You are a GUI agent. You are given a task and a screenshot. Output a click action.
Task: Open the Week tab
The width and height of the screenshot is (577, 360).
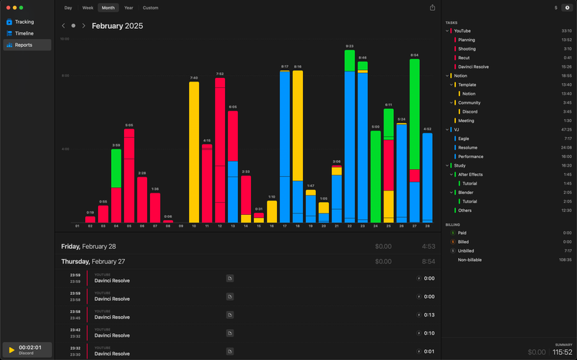tap(87, 8)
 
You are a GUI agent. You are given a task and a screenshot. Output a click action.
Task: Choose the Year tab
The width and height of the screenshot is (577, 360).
tap(128, 8)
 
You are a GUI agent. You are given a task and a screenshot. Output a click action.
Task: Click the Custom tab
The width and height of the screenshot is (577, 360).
tap(150, 8)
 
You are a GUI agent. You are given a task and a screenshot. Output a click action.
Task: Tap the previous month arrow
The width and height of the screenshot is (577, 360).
tap(63, 26)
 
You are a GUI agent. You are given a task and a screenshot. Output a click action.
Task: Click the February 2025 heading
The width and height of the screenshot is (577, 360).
tap(117, 26)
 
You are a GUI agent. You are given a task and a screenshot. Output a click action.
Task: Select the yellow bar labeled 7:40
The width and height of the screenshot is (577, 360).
tap(193, 152)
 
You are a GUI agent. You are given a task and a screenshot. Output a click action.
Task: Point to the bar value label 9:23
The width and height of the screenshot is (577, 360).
tap(350, 46)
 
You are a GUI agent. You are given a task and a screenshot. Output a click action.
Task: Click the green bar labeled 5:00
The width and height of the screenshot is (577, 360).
tap(375, 177)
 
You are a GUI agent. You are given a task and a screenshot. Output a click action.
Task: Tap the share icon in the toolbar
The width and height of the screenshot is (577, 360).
tap(432, 8)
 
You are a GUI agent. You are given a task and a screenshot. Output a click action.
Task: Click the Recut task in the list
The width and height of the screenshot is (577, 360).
tap(464, 58)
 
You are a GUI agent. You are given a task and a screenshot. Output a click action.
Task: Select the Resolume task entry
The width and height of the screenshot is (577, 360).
tap(468, 147)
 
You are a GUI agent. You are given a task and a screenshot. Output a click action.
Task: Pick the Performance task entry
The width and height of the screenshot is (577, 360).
tap(470, 157)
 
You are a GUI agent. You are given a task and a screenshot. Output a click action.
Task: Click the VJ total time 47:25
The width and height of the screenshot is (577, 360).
tap(566, 130)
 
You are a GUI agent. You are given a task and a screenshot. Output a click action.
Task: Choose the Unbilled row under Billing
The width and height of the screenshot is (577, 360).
tap(467, 250)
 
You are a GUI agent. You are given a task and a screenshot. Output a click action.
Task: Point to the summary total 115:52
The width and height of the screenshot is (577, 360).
tap(563, 352)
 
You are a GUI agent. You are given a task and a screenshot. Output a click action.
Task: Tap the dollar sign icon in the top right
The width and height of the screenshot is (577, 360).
tap(555, 8)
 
